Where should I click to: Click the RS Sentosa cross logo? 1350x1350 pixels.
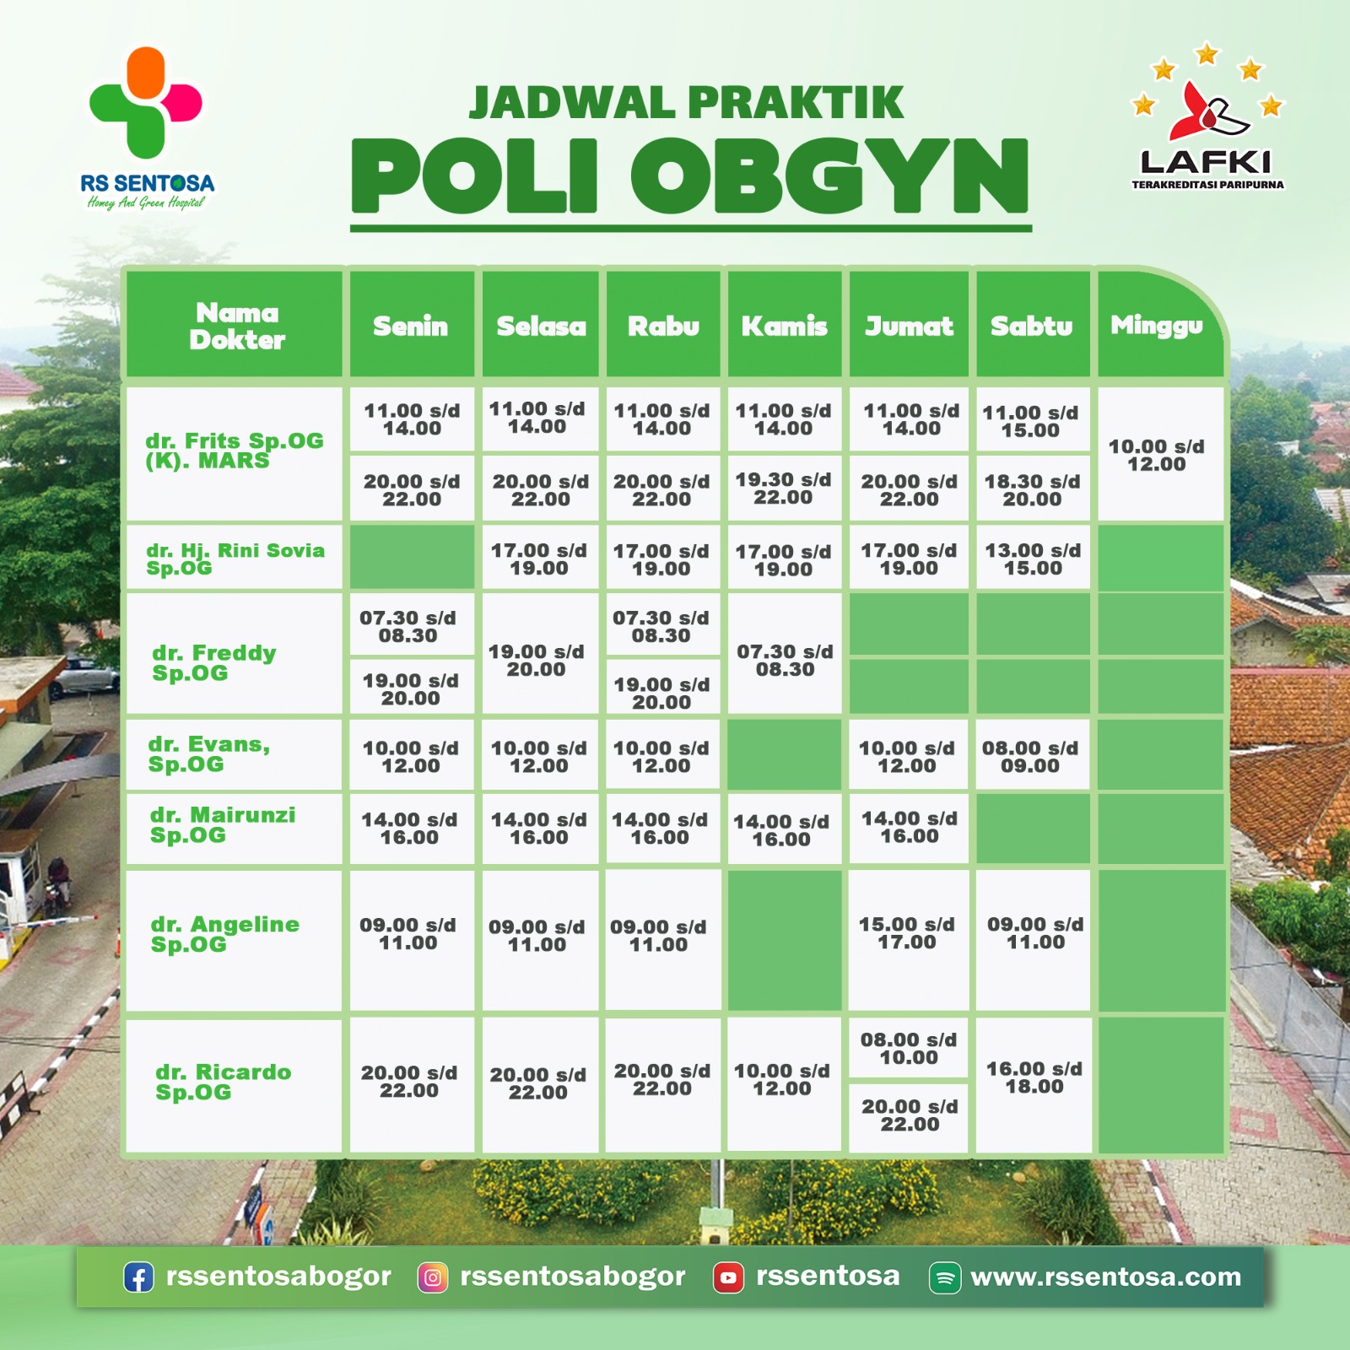click(x=146, y=102)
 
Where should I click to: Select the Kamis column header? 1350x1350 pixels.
click(x=785, y=325)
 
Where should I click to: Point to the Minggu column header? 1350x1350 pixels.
click(x=1157, y=325)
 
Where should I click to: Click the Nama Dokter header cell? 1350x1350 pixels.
click(x=236, y=326)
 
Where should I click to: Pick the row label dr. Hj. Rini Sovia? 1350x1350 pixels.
click(x=235, y=559)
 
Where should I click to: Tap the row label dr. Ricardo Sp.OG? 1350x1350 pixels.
click(x=223, y=1082)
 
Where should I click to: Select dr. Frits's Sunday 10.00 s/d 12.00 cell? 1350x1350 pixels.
click(x=1157, y=455)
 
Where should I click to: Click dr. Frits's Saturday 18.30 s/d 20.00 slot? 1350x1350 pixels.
click(x=1033, y=489)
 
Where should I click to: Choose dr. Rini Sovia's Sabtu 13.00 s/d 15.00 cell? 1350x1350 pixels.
click(x=1033, y=559)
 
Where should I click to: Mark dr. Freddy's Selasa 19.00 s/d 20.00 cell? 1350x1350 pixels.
click(x=537, y=660)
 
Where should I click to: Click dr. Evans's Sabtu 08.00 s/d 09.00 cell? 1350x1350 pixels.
click(x=1030, y=756)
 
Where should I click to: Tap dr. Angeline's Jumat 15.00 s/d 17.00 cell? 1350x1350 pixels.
click(x=907, y=933)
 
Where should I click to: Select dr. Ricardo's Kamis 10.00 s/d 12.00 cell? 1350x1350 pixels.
click(x=782, y=1079)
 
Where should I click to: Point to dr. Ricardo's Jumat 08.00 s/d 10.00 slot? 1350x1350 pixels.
click(x=909, y=1048)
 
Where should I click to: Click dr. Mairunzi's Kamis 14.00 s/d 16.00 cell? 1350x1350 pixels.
click(x=781, y=829)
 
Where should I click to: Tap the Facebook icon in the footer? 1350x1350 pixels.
click(x=139, y=1277)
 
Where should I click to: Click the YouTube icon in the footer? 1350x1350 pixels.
click(x=728, y=1277)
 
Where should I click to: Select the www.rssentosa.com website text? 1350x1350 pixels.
click(x=1106, y=1277)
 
